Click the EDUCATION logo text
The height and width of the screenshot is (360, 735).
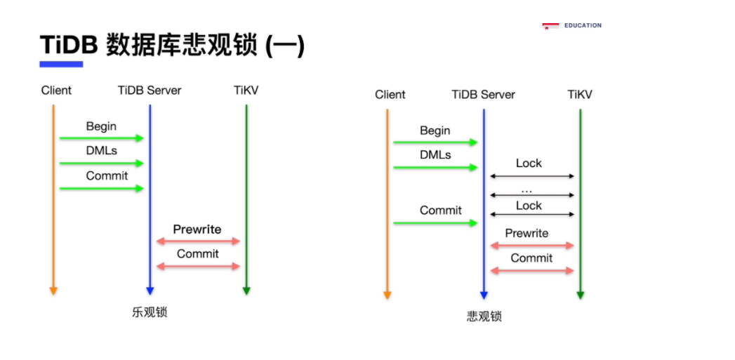582,25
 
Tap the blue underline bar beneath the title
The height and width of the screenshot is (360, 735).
61,64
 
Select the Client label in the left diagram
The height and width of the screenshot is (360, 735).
56,91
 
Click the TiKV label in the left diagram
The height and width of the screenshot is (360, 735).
246,91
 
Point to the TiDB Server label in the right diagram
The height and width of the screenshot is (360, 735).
483,95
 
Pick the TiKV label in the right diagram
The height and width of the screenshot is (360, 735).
580,95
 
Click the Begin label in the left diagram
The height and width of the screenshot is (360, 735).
101,126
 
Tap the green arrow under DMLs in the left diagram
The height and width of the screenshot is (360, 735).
101,164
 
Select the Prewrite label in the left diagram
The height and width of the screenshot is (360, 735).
197,229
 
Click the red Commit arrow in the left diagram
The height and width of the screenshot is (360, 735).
198,266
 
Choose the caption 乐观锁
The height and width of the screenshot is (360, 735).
150,312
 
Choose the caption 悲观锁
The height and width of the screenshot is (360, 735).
484,316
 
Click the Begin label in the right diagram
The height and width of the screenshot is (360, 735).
435,131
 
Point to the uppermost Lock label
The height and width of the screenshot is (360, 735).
529,164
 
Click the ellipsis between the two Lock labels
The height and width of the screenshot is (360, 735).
527,190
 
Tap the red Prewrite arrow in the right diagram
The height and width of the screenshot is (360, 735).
532,246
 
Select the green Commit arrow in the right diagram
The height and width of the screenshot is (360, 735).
435,223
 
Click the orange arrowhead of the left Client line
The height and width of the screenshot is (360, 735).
53,291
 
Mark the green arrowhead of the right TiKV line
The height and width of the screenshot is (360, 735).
581,295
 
